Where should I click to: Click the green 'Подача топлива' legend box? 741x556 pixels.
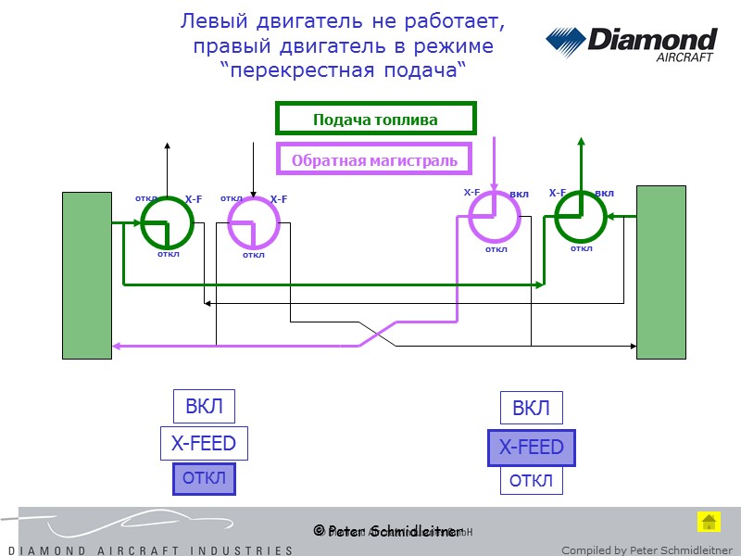375,120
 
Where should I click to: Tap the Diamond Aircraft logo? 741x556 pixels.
631,44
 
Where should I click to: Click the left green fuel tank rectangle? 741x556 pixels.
86,275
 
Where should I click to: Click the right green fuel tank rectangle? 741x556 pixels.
660,272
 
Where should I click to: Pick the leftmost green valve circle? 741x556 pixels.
168,222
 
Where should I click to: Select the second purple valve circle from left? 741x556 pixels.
253,222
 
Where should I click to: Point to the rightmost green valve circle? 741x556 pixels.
581,218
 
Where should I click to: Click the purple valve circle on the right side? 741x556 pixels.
495,217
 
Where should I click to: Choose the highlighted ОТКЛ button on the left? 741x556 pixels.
204,479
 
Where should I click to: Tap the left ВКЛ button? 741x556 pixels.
204,407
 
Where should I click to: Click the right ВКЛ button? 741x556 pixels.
531,409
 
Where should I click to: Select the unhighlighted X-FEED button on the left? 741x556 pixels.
204,443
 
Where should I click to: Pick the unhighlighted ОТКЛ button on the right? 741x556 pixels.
531,481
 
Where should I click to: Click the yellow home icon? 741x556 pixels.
708,522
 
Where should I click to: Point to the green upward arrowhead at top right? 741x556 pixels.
581,142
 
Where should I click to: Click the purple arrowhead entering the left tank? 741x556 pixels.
118,346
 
